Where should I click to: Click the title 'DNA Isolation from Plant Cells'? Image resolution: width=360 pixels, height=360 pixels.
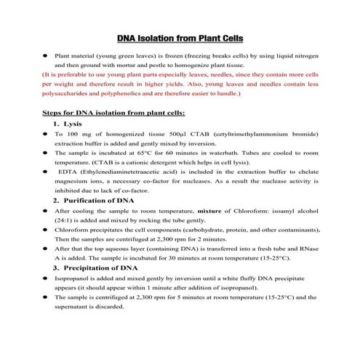click(x=180, y=39)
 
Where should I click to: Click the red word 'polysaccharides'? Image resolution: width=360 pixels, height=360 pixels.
click(x=70, y=94)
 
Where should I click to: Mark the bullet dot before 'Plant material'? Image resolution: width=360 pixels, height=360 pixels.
click(x=45, y=55)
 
